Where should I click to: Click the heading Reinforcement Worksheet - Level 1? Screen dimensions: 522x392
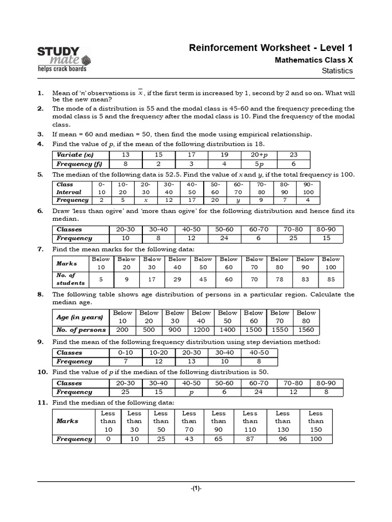point(271,48)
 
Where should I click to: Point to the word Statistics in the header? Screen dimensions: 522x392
point(337,71)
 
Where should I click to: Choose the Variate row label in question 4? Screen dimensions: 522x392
point(76,155)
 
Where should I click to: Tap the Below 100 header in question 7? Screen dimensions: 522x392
point(331,264)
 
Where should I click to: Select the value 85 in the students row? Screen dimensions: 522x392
point(331,279)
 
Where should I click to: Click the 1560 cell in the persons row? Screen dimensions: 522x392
point(306,330)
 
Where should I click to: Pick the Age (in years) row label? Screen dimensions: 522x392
point(80,317)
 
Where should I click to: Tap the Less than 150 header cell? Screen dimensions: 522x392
point(315,421)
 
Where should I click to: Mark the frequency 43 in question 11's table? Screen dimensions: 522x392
point(189,439)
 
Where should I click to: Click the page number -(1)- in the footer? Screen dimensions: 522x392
point(196,488)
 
